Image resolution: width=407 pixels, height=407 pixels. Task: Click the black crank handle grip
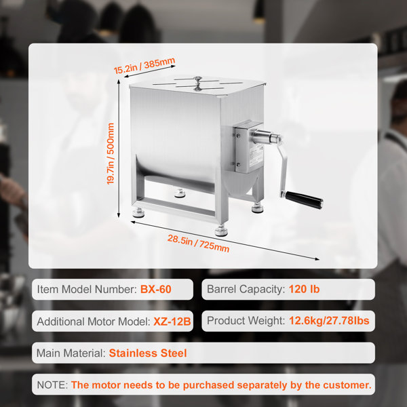pyautogui.click(x=304, y=199)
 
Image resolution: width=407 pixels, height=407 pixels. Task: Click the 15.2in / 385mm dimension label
pyautogui.click(x=144, y=66)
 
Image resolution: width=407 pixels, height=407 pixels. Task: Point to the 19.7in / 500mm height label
pyautogui.click(x=111, y=154)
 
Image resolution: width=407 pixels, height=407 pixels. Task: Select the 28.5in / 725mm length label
pyautogui.click(x=198, y=244)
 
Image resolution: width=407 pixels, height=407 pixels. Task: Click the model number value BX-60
pyautogui.click(x=156, y=289)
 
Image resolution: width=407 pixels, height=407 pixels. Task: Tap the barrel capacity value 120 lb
pyautogui.click(x=304, y=289)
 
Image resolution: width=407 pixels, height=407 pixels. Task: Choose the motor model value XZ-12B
pyautogui.click(x=172, y=322)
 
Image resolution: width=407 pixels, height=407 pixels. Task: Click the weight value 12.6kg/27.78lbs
pyautogui.click(x=329, y=321)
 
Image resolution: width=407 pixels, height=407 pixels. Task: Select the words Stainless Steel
pyautogui.click(x=148, y=353)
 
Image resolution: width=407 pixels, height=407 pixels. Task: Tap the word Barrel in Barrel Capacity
pyautogui.click(x=221, y=289)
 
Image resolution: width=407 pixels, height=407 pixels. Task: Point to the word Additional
pyautogui.click(x=61, y=322)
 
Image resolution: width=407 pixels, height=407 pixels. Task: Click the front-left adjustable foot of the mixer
pyautogui.click(x=138, y=212)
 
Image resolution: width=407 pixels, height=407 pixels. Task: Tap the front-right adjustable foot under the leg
pyautogui.click(x=221, y=231)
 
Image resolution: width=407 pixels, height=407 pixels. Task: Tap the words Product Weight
pyautogui.click(x=246, y=321)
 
